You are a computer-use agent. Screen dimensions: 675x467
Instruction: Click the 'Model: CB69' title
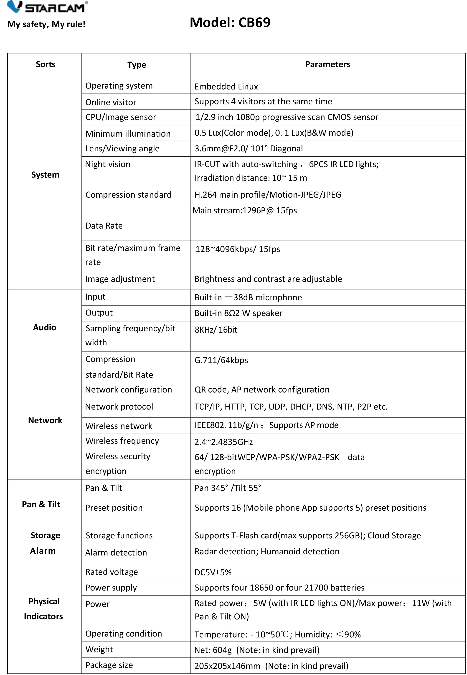coord(230,23)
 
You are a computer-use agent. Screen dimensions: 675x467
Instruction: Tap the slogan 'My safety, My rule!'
coord(46,24)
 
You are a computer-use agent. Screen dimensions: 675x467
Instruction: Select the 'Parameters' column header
coord(327,64)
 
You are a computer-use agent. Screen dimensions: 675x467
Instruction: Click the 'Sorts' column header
coord(45,64)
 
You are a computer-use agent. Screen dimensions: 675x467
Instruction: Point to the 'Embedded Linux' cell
coord(226,87)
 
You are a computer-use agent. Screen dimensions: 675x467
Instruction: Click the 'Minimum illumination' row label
coord(128,134)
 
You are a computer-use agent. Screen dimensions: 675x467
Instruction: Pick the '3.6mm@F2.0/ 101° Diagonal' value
coord(249,149)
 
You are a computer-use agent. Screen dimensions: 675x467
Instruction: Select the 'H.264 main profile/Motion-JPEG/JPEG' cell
coord(268,195)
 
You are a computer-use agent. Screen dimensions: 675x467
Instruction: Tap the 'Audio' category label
coord(44,328)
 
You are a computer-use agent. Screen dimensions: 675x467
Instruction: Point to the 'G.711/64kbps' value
coord(221,360)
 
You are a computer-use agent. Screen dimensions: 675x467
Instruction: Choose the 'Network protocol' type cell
coord(119,407)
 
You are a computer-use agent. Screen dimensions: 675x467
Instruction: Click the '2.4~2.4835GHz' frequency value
coord(223,442)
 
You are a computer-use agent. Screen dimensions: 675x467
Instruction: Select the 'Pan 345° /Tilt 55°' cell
coord(228,488)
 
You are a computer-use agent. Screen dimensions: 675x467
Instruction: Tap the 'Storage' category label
coord(45,535)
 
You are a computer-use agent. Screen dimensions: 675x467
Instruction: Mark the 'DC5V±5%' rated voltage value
coord(213,572)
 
